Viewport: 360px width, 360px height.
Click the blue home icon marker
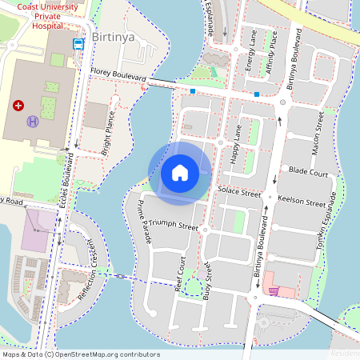(180, 172)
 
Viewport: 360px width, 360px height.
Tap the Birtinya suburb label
(118, 40)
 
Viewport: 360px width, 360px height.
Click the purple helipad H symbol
(33, 121)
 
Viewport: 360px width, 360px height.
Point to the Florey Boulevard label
(118, 74)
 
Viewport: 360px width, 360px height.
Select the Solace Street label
(239, 194)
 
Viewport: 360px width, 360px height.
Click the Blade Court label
(308, 172)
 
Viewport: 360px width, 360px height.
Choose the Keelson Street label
(304, 202)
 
